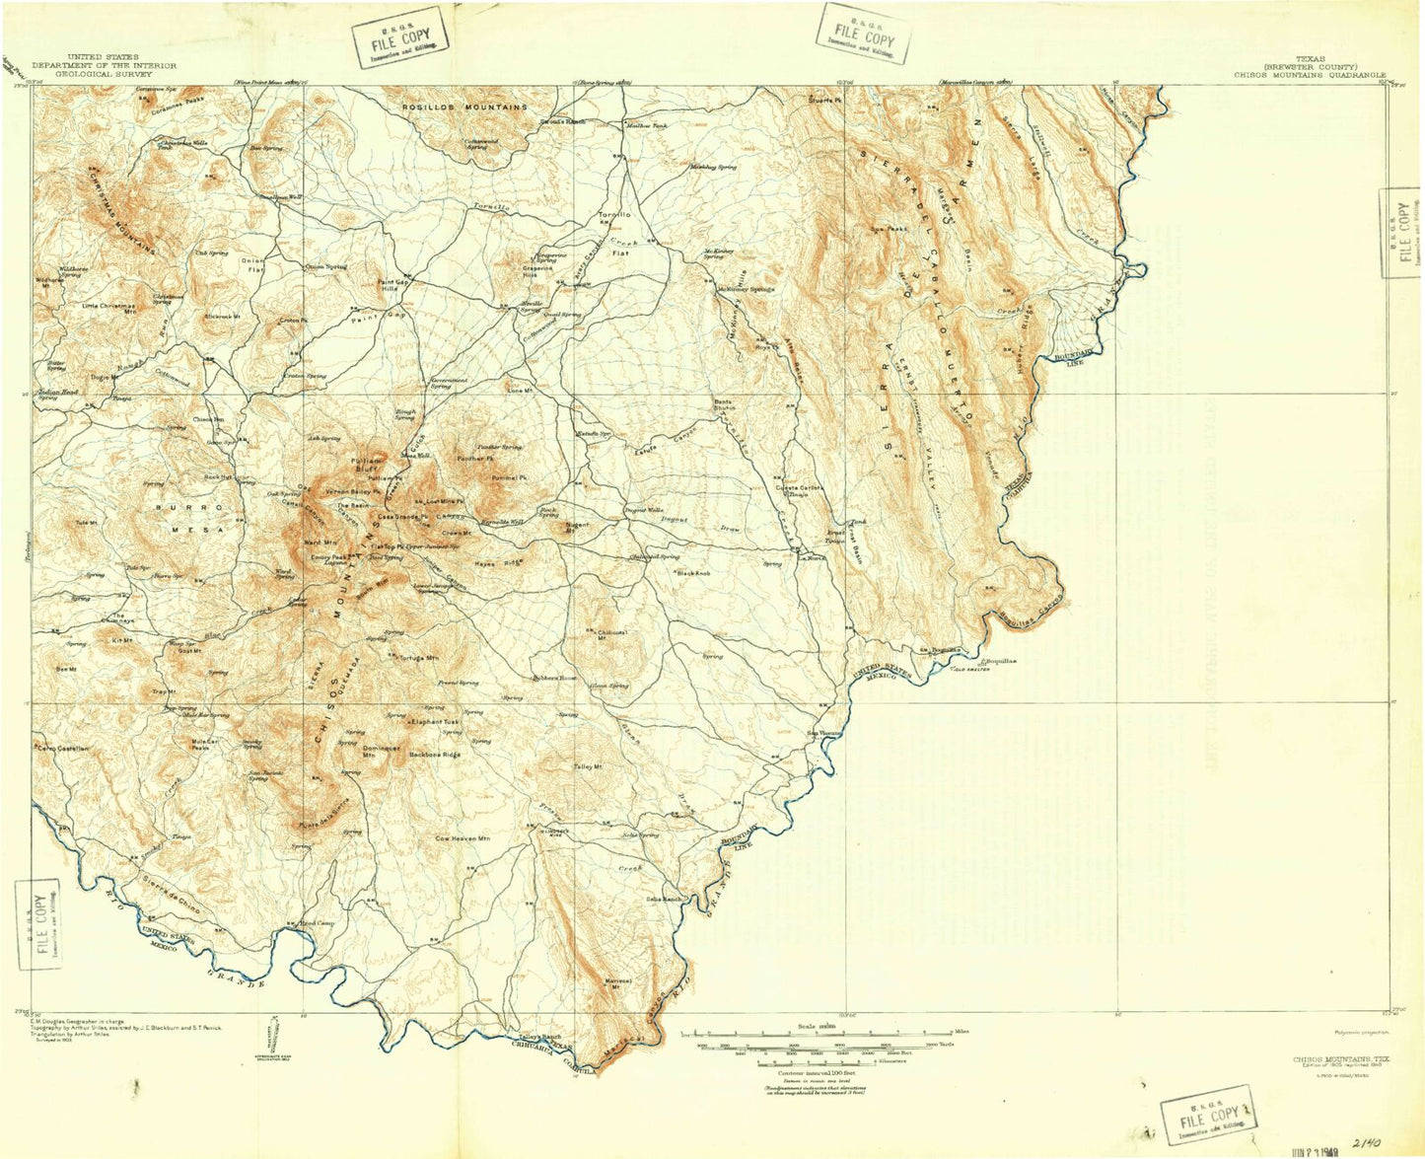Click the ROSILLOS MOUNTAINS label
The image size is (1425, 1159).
click(463, 107)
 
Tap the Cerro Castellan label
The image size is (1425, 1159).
click(63, 750)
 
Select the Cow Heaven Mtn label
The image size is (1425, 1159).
click(463, 838)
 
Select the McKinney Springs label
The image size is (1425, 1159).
click(746, 289)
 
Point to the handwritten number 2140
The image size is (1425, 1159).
click(1368, 1142)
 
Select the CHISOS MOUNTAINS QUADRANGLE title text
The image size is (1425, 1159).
click(1310, 74)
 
